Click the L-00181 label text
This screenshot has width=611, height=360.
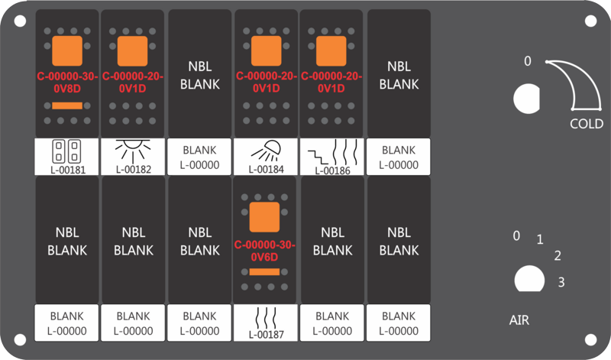click(x=68, y=170)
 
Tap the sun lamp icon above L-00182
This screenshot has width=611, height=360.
click(x=133, y=151)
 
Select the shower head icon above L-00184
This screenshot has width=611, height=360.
click(x=266, y=151)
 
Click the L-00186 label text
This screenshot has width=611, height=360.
click(x=332, y=170)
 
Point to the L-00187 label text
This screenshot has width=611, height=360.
click(x=266, y=334)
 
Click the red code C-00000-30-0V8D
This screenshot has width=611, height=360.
click(x=67, y=83)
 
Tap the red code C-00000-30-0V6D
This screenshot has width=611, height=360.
click(x=265, y=251)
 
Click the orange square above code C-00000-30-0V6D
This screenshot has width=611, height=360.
click(x=264, y=217)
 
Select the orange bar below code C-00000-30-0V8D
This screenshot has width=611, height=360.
click(x=67, y=105)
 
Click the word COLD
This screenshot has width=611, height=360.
click(x=587, y=124)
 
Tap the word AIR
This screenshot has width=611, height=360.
click(x=519, y=320)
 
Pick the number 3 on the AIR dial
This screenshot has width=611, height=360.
click(x=561, y=281)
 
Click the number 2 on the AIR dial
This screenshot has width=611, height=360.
click(x=558, y=255)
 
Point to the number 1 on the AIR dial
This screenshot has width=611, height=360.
click(x=540, y=239)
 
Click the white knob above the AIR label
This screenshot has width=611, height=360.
click(x=529, y=279)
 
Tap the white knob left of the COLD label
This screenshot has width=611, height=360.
click(x=527, y=99)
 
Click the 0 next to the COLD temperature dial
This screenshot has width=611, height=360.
click(x=527, y=61)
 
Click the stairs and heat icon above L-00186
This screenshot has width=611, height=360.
click(x=332, y=152)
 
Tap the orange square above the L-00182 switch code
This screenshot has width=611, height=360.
click(x=132, y=51)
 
